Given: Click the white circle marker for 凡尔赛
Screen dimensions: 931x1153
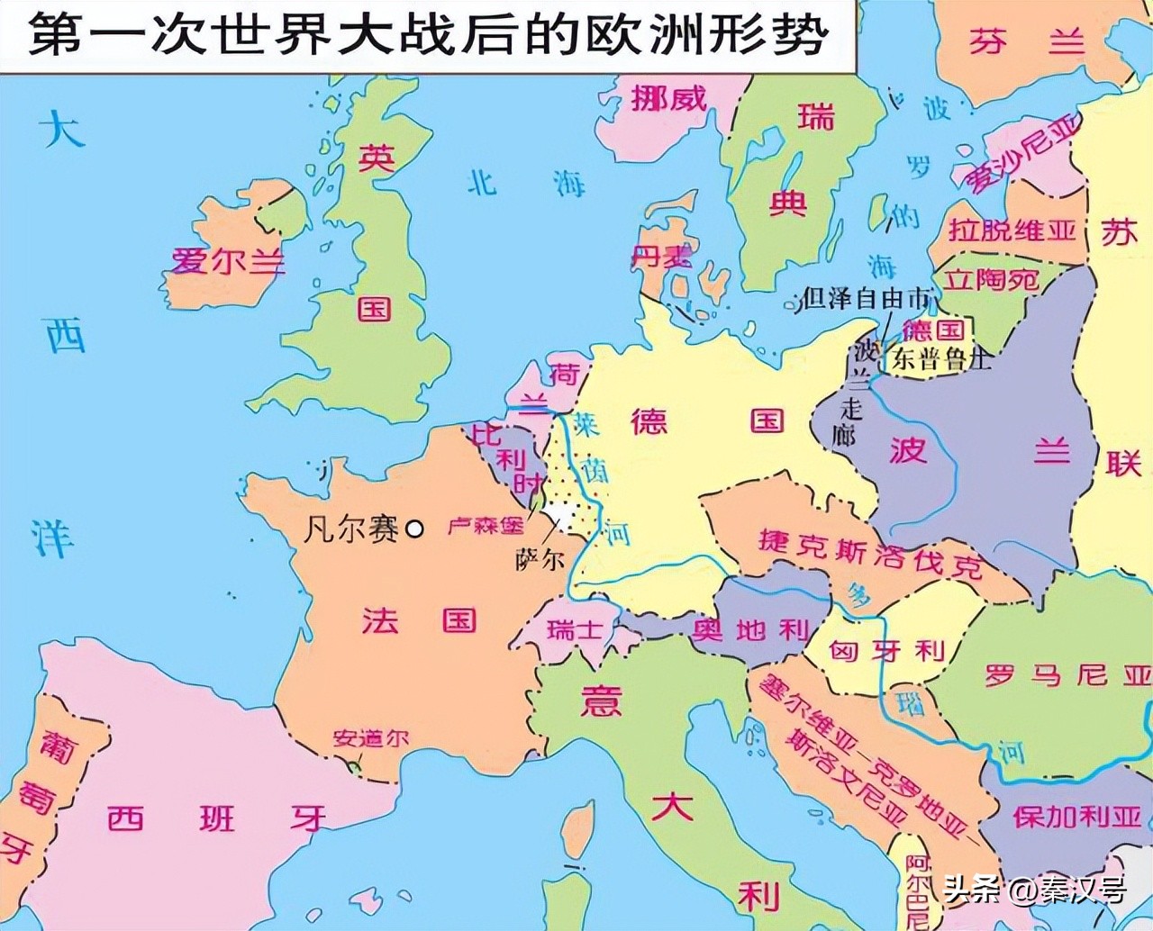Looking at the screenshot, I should (414, 529).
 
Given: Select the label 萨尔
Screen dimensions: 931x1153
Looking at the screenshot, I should (540, 559).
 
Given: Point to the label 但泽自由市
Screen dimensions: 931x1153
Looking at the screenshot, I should (866, 298).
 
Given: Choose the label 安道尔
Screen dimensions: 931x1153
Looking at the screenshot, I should (370, 739).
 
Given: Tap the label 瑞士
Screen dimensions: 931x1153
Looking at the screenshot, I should (574, 628).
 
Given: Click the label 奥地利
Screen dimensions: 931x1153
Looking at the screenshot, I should (751, 630).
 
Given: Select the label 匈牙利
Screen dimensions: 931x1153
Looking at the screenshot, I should (886, 650).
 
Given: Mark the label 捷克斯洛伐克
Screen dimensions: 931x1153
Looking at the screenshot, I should (870, 551).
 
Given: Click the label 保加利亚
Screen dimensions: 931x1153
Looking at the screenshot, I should (1076, 817).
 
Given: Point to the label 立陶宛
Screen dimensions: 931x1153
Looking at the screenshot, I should (992, 280).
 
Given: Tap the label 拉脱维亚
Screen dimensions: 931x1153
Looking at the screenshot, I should (1012, 230).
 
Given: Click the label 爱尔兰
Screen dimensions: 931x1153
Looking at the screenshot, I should (228, 261).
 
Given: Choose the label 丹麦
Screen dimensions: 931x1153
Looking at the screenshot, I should (660, 256).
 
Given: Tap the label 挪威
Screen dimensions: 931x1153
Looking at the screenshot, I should (668, 97).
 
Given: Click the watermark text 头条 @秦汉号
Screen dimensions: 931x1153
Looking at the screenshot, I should (1034, 890).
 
